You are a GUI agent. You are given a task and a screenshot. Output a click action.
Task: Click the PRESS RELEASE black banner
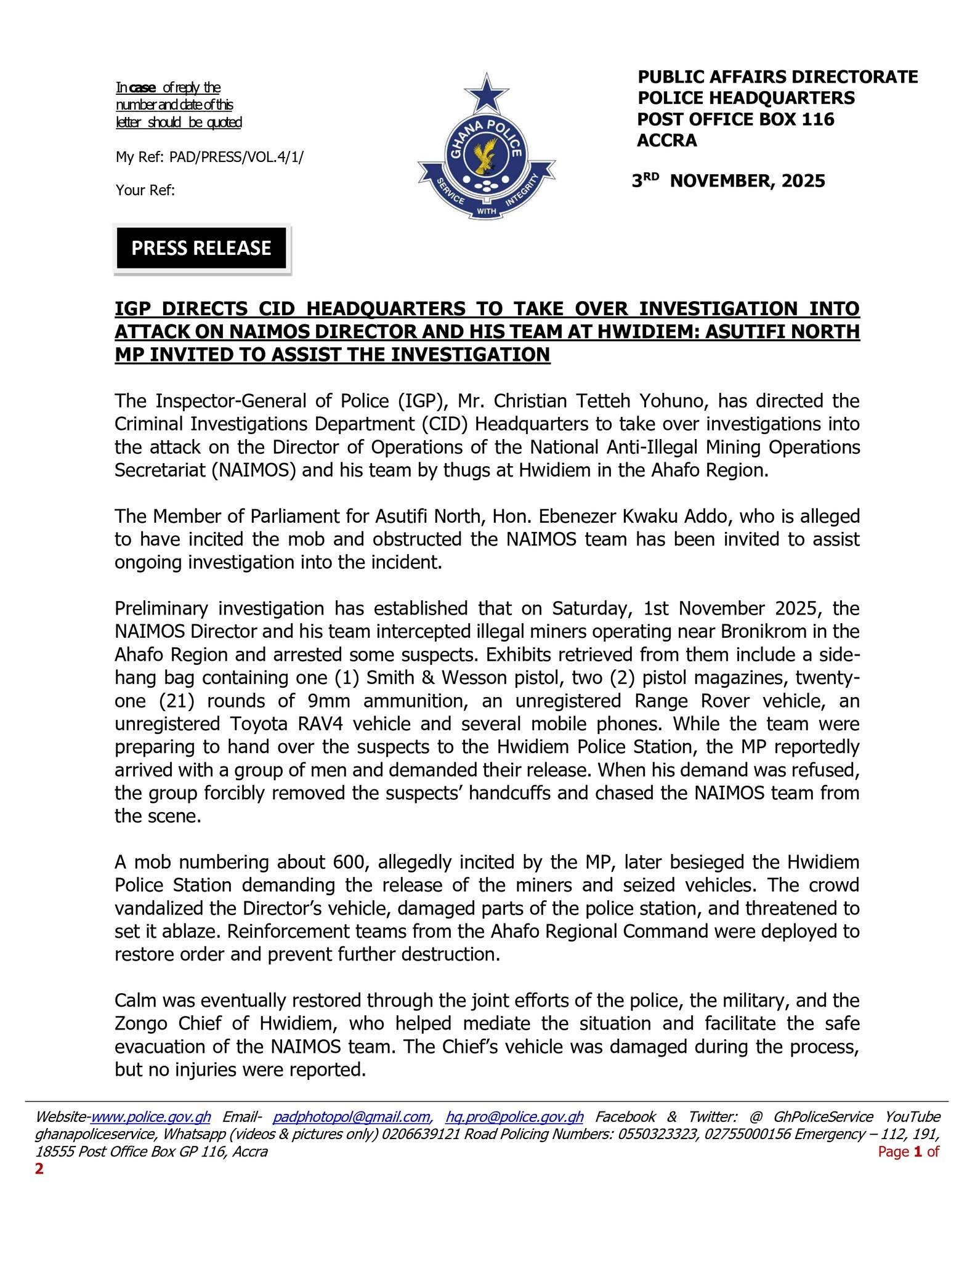(201, 248)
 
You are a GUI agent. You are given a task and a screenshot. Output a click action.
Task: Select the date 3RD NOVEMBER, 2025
(729, 181)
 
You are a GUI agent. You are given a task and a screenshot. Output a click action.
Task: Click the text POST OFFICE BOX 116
(735, 119)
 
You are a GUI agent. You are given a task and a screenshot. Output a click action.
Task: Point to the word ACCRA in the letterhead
(667, 140)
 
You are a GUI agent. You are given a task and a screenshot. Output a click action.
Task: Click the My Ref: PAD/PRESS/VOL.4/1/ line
(209, 158)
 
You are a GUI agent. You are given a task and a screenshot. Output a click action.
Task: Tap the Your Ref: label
(145, 190)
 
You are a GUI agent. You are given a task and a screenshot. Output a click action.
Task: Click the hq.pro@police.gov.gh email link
(514, 1117)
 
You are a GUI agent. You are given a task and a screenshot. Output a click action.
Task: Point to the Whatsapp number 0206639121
(421, 1134)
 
